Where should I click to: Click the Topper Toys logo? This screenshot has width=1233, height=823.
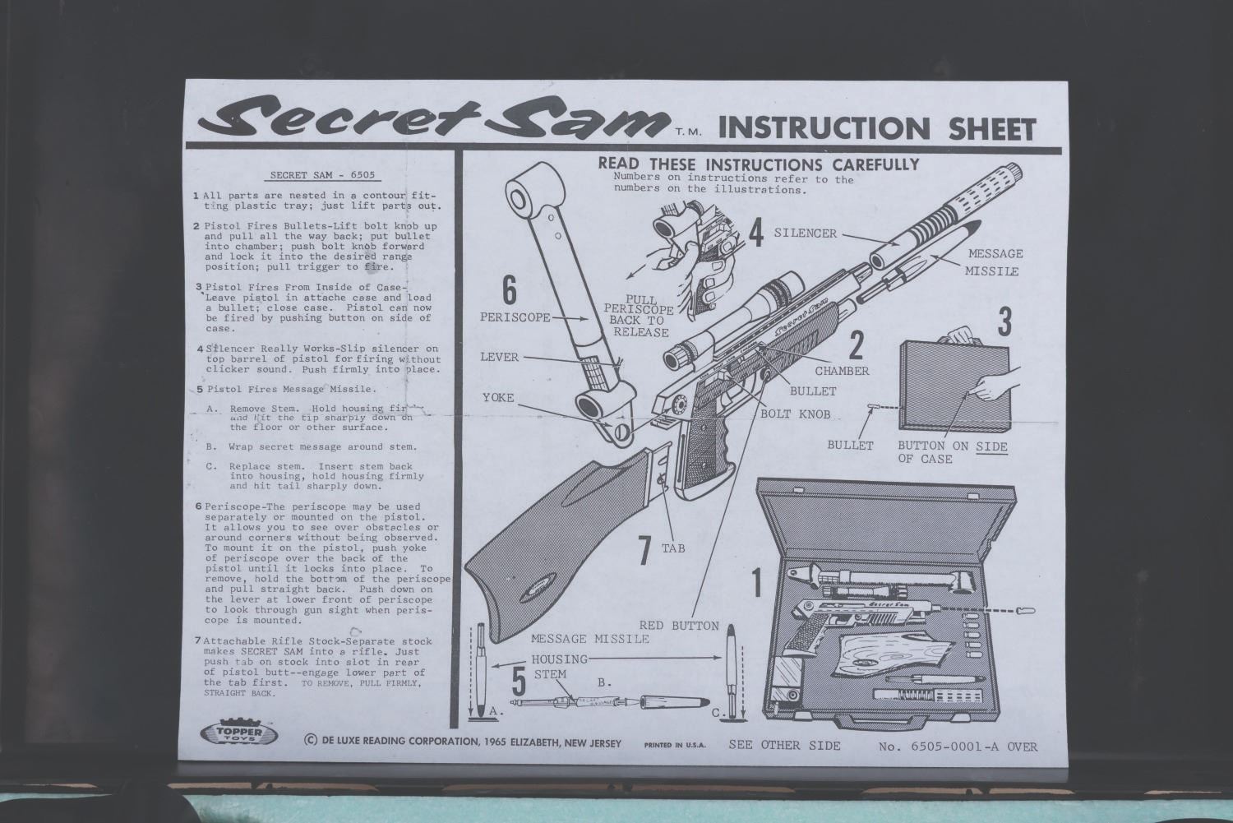[239, 733]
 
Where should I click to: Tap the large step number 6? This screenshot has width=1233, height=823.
[510, 290]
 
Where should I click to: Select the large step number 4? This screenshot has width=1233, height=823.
[756, 233]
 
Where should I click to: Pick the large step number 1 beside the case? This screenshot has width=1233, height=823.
[757, 583]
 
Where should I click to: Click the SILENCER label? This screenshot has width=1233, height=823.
[806, 233]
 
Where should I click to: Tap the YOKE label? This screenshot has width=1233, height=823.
[498, 397]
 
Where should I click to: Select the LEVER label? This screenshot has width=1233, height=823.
[499, 358]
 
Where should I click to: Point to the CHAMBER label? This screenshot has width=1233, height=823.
[843, 371]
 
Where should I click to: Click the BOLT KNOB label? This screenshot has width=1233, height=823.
[796, 414]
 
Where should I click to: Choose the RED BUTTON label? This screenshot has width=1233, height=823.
[679, 626]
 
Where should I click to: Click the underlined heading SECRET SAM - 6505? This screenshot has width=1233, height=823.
[322, 175]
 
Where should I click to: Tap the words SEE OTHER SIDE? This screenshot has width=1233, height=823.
[784, 746]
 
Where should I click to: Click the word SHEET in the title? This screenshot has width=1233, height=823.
[992, 129]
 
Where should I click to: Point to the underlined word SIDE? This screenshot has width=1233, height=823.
[992, 446]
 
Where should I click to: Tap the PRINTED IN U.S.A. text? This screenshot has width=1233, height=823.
[675, 746]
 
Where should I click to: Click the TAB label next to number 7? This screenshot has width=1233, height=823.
[673, 548]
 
